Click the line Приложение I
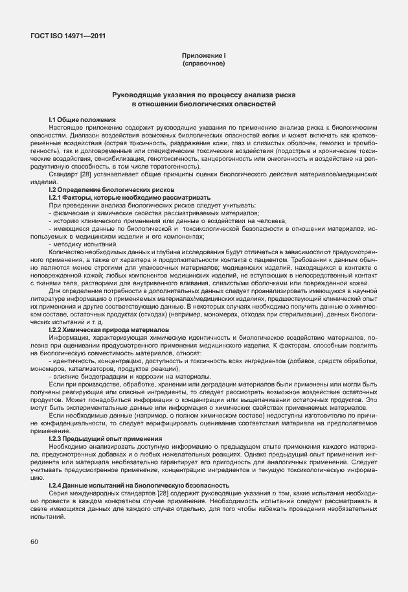[x=204, y=56]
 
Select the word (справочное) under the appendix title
[x=204, y=64]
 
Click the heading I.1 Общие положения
[x=82, y=120]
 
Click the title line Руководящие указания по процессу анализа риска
[x=204, y=95]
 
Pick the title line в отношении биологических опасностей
[x=204, y=104]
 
